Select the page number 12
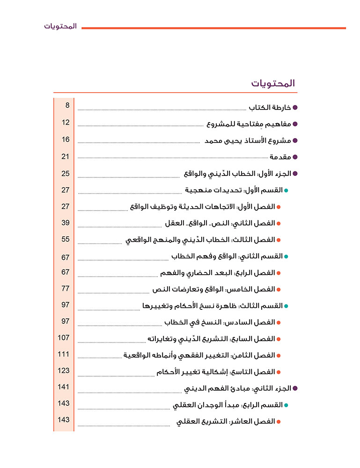pos(66,123)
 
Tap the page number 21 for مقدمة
pos(66,156)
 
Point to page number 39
pos(66,222)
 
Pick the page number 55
pos(66,239)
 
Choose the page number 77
pos(66,288)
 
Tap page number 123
pos(64,370)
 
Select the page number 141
pos(64,387)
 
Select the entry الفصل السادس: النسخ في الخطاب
pos(219,322)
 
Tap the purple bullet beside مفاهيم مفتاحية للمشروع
pos(295,124)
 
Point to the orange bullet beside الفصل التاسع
pos(279,372)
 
